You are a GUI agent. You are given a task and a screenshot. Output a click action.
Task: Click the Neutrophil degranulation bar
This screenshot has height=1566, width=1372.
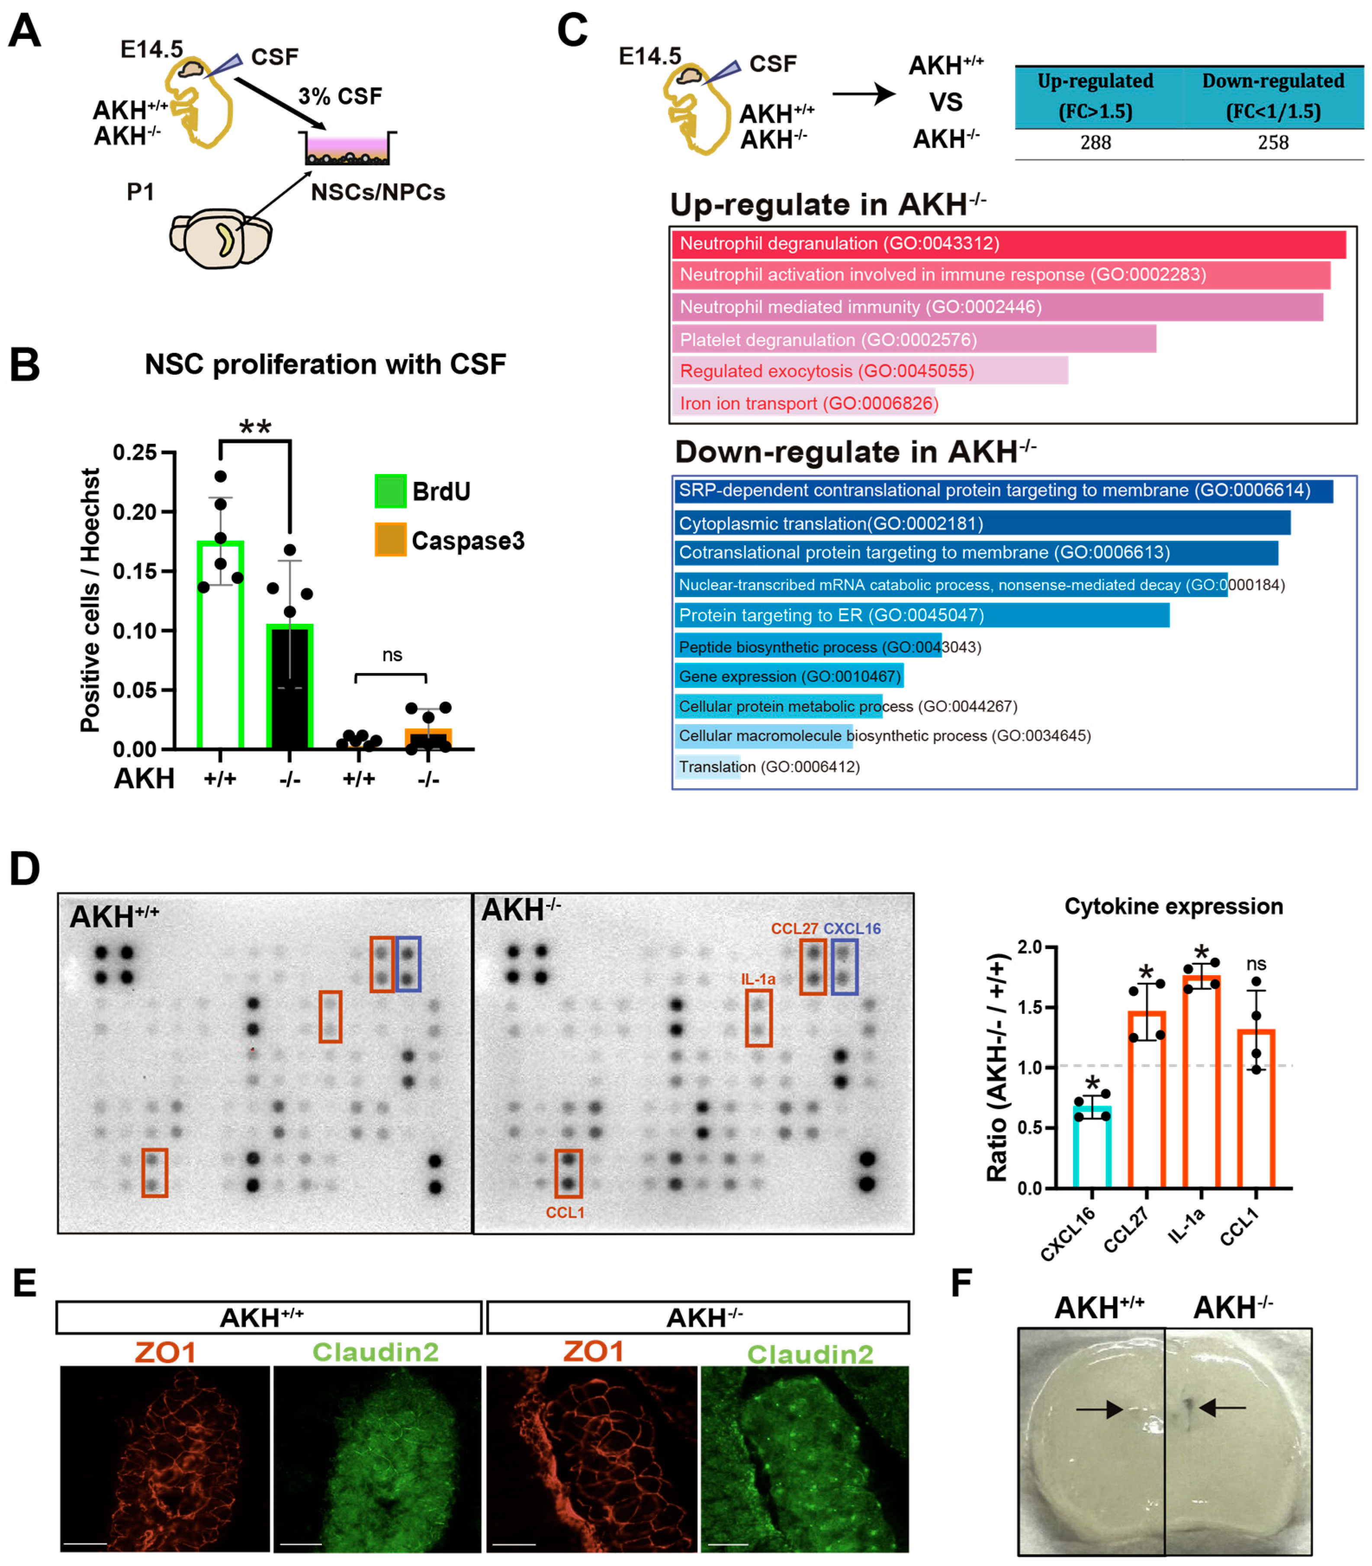(1008, 244)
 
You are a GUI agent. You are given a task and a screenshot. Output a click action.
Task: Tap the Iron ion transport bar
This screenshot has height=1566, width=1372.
(804, 403)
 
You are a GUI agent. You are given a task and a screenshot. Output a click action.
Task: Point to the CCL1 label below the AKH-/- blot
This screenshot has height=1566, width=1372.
(565, 1213)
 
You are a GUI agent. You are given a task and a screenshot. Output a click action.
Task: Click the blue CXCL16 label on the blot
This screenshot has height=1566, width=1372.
(851, 928)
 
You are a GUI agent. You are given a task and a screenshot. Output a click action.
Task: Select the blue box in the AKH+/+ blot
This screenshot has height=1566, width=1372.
(408, 964)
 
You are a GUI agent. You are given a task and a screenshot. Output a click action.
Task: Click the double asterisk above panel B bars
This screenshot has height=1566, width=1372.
(255, 427)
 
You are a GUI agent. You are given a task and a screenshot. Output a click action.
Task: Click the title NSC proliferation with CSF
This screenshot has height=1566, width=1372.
(325, 364)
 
